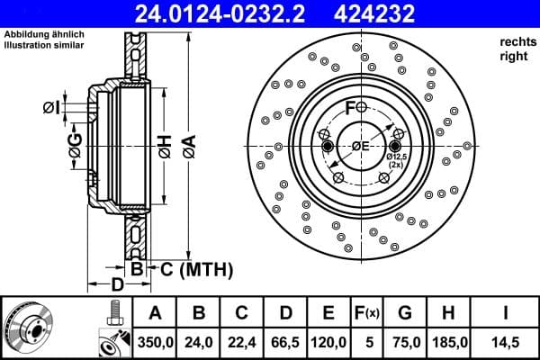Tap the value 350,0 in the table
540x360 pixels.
click(x=155, y=342)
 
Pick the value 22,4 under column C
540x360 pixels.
click(x=242, y=342)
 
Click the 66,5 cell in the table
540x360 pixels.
click(x=285, y=342)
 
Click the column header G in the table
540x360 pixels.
click(x=405, y=313)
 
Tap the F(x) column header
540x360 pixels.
click(x=367, y=313)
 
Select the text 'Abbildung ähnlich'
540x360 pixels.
click(x=44, y=33)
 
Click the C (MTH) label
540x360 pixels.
click(x=193, y=269)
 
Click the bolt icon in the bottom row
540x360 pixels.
click(x=114, y=313)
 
